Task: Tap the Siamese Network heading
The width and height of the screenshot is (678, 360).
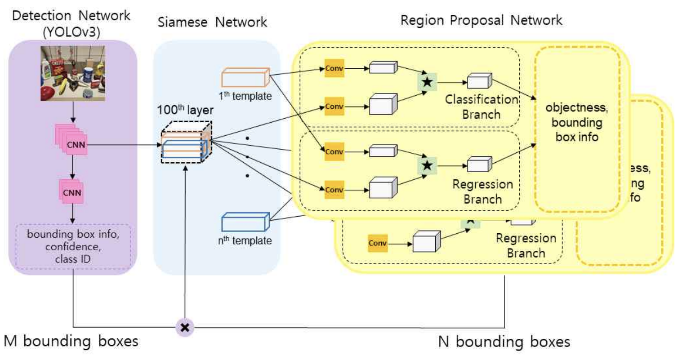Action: (x=212, y=22)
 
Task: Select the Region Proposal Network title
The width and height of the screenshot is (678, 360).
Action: (x=482, y=20)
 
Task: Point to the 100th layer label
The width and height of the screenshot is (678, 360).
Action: (x=182, y=111)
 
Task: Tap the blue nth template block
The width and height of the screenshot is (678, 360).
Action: (x=245, y=222)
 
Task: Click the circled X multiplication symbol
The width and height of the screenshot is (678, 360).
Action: (x=184, y=328)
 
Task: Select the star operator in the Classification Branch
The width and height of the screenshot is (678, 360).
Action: (x=427, y=83)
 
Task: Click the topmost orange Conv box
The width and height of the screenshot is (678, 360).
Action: (x=334, y=69)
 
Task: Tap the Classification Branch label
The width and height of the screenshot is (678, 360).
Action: (x=481, y=106)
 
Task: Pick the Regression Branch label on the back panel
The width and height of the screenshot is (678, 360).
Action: (x=526, y=245)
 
